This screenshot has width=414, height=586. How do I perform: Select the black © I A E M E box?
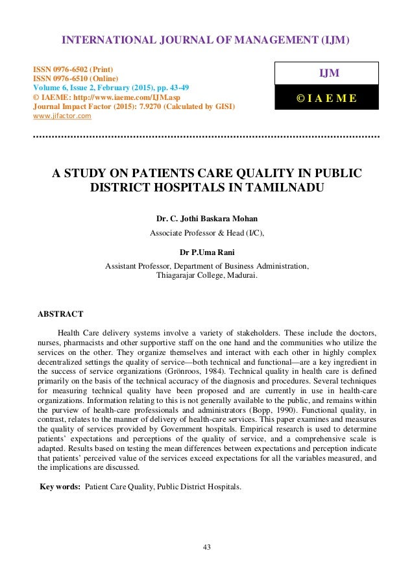pyautogui.click(x=327, y=98)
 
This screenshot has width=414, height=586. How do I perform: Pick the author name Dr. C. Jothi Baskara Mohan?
pyautogui.click(x=206, y=219)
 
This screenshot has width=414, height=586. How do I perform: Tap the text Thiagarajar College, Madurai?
pyautogui.click(x=206, y=275)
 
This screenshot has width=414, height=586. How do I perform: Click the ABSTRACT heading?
pyautogui.click(x=62, y=314)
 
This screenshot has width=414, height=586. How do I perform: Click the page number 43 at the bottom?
pyautogui.click(x=206, y=547)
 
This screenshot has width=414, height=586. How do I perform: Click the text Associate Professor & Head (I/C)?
pyautogui.click(x=206, y=232)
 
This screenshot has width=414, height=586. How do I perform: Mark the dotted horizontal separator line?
pyautogui.click(x=206, y=138)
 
